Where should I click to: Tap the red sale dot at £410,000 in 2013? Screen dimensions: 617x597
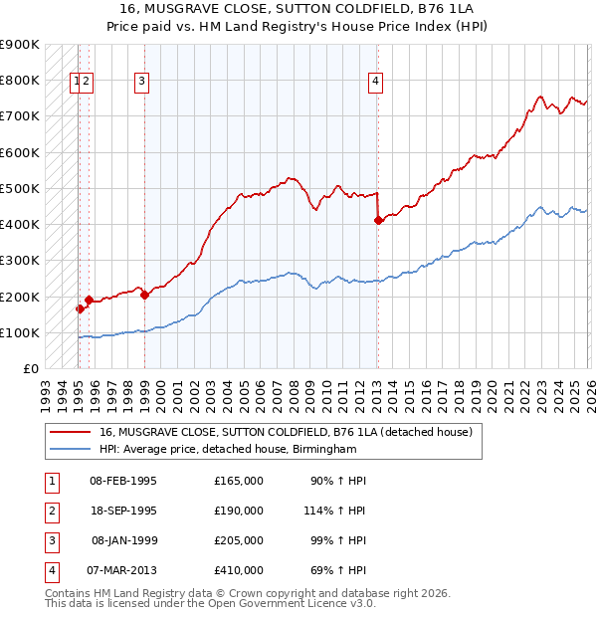(378, 221)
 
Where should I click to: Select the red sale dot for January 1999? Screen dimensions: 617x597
(144, 295)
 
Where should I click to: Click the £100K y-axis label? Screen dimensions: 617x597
(22, 332)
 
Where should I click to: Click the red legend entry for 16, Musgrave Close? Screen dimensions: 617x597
(290, 432)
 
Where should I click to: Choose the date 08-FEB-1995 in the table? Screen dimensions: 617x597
(123, 481)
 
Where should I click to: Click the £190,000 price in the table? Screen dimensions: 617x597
(239, 511)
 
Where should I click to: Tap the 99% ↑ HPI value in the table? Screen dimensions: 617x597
(336, 540)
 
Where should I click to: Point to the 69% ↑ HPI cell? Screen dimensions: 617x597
(336, 570)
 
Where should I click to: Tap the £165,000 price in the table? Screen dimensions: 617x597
(239, 481)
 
